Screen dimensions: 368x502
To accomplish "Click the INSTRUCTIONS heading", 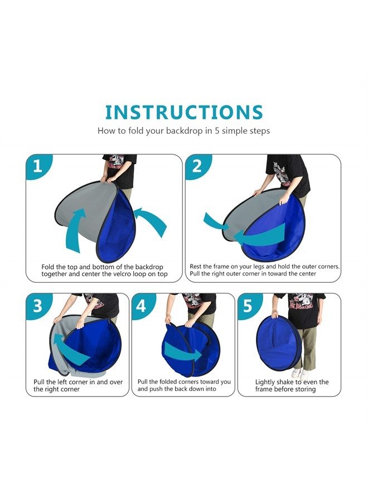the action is point(184,112).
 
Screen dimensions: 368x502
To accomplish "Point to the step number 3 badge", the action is point(38,306).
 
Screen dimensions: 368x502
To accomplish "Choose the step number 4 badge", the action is point(142,306).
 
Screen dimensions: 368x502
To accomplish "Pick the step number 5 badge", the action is point(248,306).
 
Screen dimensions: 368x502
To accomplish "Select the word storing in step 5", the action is point(304,389).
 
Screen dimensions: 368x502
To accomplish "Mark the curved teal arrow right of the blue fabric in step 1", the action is point(152,219).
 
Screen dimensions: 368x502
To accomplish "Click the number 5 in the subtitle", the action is point(217,131).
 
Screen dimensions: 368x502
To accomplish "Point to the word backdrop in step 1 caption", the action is point(149,267).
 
